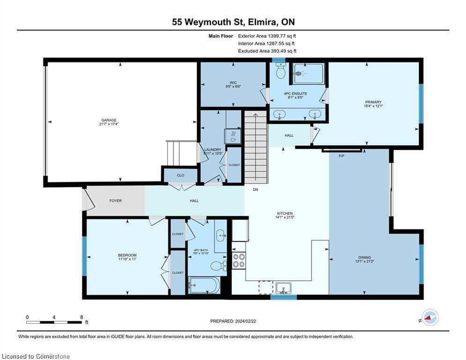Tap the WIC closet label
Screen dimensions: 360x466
pos(233,82)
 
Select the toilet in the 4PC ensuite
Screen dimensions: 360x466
pos(281,72)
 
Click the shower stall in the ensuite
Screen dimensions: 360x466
pos(308,73)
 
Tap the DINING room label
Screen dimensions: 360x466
pos(364,257)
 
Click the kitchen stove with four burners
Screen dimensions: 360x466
pos(239,260)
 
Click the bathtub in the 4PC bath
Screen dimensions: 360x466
pos(204,285)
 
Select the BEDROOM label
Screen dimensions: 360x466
pos(127,255)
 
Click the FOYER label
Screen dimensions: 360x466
pos(116,201)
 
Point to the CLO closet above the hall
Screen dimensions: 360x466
pos(180,175)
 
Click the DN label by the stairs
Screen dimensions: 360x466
pos(255,190)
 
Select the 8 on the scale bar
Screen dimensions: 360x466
pos(81,317)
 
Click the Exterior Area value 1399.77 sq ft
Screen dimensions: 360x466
pos(279,36)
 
